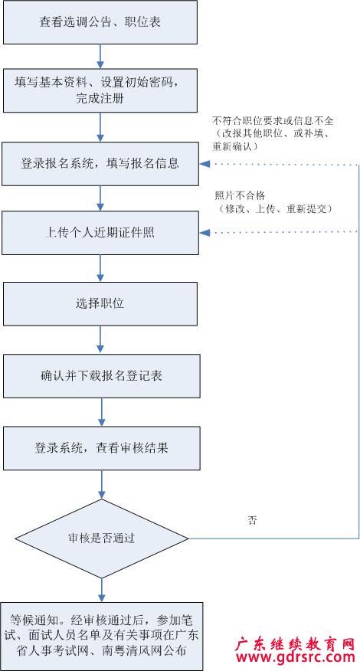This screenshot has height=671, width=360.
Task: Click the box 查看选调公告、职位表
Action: coord(100,22)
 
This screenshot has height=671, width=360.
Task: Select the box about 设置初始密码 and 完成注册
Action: coord(100,90)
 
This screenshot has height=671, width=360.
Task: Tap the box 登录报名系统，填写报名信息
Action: coord(100,164)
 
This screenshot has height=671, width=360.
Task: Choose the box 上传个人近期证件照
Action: coord(100,233)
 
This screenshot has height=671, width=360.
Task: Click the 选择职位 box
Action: coord(100,304)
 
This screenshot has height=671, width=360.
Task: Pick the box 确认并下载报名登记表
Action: coord(101,376)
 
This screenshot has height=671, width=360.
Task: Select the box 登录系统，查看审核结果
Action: coord(101,448)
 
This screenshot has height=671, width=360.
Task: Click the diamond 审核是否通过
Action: coord(102,538)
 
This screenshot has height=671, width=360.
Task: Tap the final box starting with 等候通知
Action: coord(100,636)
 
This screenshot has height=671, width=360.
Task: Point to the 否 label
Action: coord(253,521)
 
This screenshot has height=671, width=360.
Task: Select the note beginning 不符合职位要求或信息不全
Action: coord(273,133)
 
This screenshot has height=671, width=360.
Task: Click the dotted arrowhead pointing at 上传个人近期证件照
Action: coord(205,233)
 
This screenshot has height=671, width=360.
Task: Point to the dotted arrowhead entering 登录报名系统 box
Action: coord(205,163)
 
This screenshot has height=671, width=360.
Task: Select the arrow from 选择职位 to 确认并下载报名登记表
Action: coord(100,340)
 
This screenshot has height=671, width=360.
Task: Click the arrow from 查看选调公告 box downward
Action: coord(100,57)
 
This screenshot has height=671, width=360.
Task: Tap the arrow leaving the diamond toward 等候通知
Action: coord(102,591)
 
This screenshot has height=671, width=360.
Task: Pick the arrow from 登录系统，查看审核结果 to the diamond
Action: coord(102,484)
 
